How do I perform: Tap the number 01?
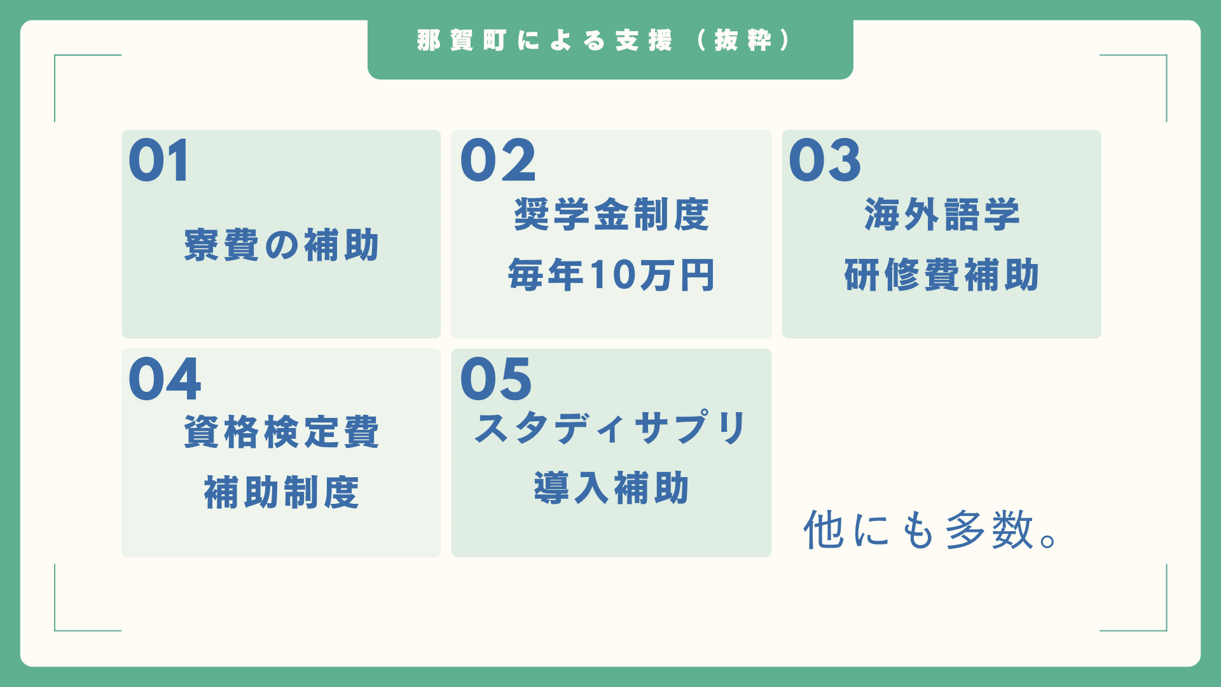159,161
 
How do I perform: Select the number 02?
499,161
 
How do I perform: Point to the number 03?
825,161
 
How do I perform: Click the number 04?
165,379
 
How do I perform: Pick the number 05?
496,379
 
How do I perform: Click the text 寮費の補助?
282,245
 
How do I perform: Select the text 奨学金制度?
611,214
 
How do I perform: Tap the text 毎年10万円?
611,275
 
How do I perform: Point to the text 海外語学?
942,214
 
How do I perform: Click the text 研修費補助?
942,275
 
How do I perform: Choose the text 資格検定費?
282,432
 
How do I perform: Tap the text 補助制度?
282,492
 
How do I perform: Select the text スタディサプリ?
611,427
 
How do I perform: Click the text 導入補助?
611,488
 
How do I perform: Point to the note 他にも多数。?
932,529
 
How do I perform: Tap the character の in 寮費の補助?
282,246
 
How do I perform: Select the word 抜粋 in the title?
743,41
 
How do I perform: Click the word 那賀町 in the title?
461,41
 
